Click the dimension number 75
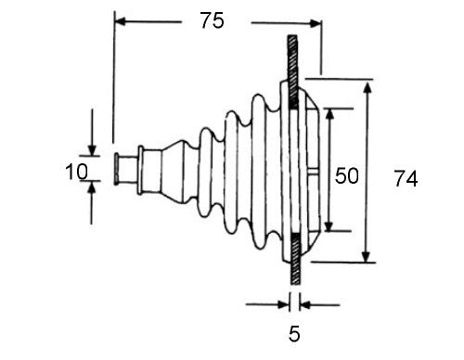coord(212,20)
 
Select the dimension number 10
coord(77,172)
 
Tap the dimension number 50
coord(347,175)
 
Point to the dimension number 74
coord(406,178)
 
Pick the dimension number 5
coord(294,334)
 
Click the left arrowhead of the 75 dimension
coord(120,21)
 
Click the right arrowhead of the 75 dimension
coord(316,23)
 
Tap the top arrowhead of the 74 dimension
coord(367,87)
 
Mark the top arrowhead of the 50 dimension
coord(330,114)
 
